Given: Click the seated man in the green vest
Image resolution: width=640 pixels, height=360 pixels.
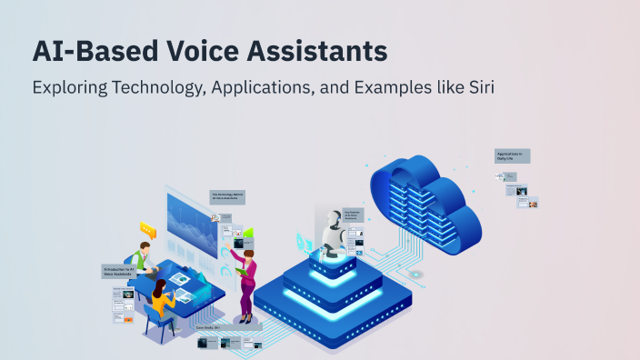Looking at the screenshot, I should (x=141, y=259).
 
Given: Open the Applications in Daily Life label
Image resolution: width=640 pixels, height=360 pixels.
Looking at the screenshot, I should (x=513, y=156).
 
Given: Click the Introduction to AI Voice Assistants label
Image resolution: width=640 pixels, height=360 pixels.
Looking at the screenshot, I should (x=121, y=271).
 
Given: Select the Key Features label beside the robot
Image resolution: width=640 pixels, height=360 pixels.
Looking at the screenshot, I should (x=355, y=216).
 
